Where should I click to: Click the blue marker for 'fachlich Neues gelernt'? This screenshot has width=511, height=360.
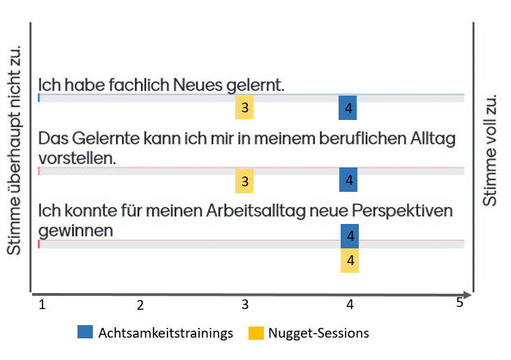[348, 108]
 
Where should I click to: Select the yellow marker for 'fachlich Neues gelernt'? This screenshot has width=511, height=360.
[244, 108]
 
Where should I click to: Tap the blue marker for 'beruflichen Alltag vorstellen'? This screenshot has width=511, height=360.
[348, 180]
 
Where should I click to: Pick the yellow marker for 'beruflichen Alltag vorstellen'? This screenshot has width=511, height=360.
[244, 181]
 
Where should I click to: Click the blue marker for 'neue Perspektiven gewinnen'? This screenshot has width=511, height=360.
[350, 236]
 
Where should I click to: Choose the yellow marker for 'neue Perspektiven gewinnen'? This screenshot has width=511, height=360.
[350, 260]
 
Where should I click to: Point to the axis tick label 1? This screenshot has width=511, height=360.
[42, 304]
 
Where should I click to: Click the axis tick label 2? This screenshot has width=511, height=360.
[140, 305]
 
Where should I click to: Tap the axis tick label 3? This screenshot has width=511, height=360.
[245, 305]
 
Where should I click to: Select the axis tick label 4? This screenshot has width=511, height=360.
[350, 305]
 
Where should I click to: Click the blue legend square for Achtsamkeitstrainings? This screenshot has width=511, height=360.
[84, 333]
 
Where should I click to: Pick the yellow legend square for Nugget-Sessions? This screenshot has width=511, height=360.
[256, 333]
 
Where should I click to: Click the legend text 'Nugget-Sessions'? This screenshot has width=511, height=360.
[319, 333]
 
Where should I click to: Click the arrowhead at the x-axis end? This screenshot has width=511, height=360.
[468, 294]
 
